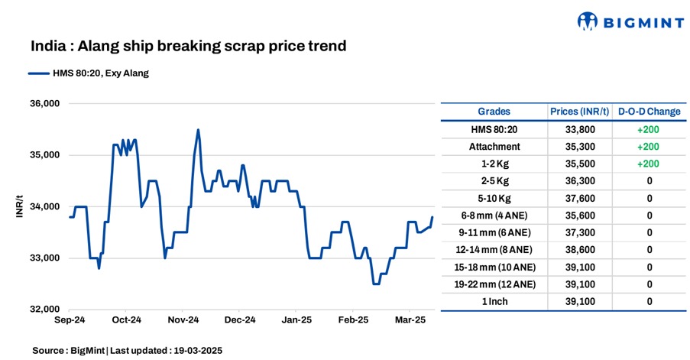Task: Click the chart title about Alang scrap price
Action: tap(189, 47)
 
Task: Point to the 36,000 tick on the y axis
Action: tap(44, 104)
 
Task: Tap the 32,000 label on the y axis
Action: tap(44, 310)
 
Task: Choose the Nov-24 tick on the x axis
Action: tap(183, 319)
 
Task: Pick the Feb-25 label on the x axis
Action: tap(353, 319)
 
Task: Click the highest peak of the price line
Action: tap(198, 130)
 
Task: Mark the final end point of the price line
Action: tap(432, 217)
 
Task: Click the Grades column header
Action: tap(494, 112)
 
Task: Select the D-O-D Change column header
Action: tap(649, 112)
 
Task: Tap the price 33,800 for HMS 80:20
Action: tap(579, 129)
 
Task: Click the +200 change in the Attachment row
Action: tap(649, 147)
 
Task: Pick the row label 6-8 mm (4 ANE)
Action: tap(494, 216)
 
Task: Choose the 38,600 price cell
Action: tap(579, 250)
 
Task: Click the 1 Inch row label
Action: tap(494, 301)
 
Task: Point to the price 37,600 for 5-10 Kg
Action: tap(579, 198)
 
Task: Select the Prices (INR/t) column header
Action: tap(579, 112)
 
